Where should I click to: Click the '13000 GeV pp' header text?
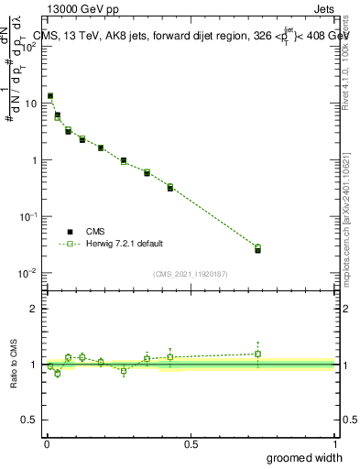coord(83,8)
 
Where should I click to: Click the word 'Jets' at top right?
coord(322,8)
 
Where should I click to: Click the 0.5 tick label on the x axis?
coord(191,443)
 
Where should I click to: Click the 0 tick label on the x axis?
coord(47,443)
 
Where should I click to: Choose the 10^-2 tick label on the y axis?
coord(29,273)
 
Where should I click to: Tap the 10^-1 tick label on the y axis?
coord(29,216)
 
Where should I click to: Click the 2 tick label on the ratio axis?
coord(35,309)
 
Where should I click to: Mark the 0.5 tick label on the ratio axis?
coord(31,420)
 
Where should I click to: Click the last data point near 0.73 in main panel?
coord(257,248)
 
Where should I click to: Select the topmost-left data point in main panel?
coord(50,95)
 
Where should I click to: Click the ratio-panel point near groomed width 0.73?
coord(257,354)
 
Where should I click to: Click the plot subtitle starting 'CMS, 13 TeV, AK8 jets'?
coord(189,36)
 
